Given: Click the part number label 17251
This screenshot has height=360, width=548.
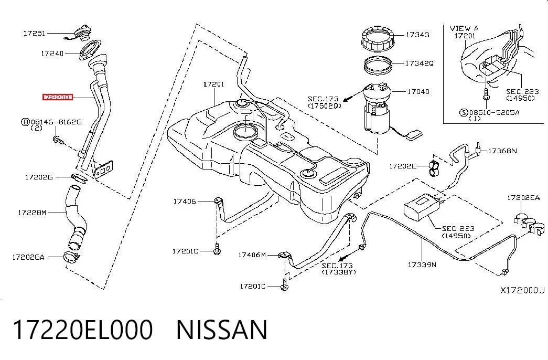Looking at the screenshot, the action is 34,33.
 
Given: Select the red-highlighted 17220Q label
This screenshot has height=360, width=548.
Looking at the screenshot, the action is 57,97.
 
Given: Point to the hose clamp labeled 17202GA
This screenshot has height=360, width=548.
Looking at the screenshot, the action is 72,257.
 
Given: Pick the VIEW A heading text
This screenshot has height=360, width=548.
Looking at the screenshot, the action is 464,28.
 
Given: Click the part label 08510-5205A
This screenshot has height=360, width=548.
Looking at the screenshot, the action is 494,112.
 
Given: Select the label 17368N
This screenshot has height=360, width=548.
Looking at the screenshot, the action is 502,151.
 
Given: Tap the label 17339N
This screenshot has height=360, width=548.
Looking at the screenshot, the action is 422,264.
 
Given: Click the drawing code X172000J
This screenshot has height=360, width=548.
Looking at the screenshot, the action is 522,290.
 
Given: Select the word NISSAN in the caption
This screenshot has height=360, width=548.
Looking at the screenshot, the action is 222,330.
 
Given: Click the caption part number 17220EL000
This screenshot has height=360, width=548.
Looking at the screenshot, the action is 83,330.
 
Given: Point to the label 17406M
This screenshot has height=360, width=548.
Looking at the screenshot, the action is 252,255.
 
